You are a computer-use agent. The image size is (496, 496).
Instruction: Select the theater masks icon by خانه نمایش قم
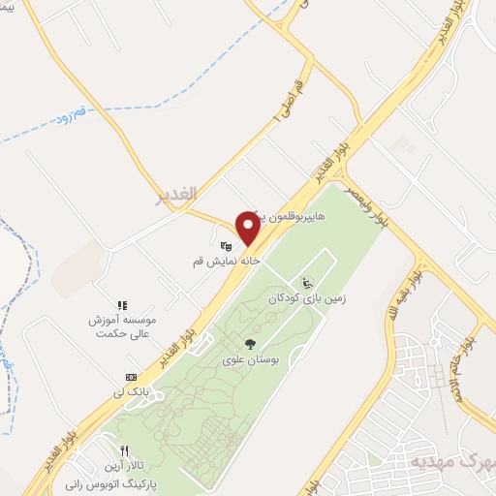pyautogui.click(x=226, y=246)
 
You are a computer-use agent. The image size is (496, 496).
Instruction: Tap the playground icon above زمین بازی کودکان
pyautogui.click(x=308, y=284)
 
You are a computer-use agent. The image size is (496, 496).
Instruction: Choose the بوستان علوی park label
pyautogui.click(x=250, y=359)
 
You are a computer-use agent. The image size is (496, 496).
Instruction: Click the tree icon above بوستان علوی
pyautogui.click(x=250, y=344)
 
